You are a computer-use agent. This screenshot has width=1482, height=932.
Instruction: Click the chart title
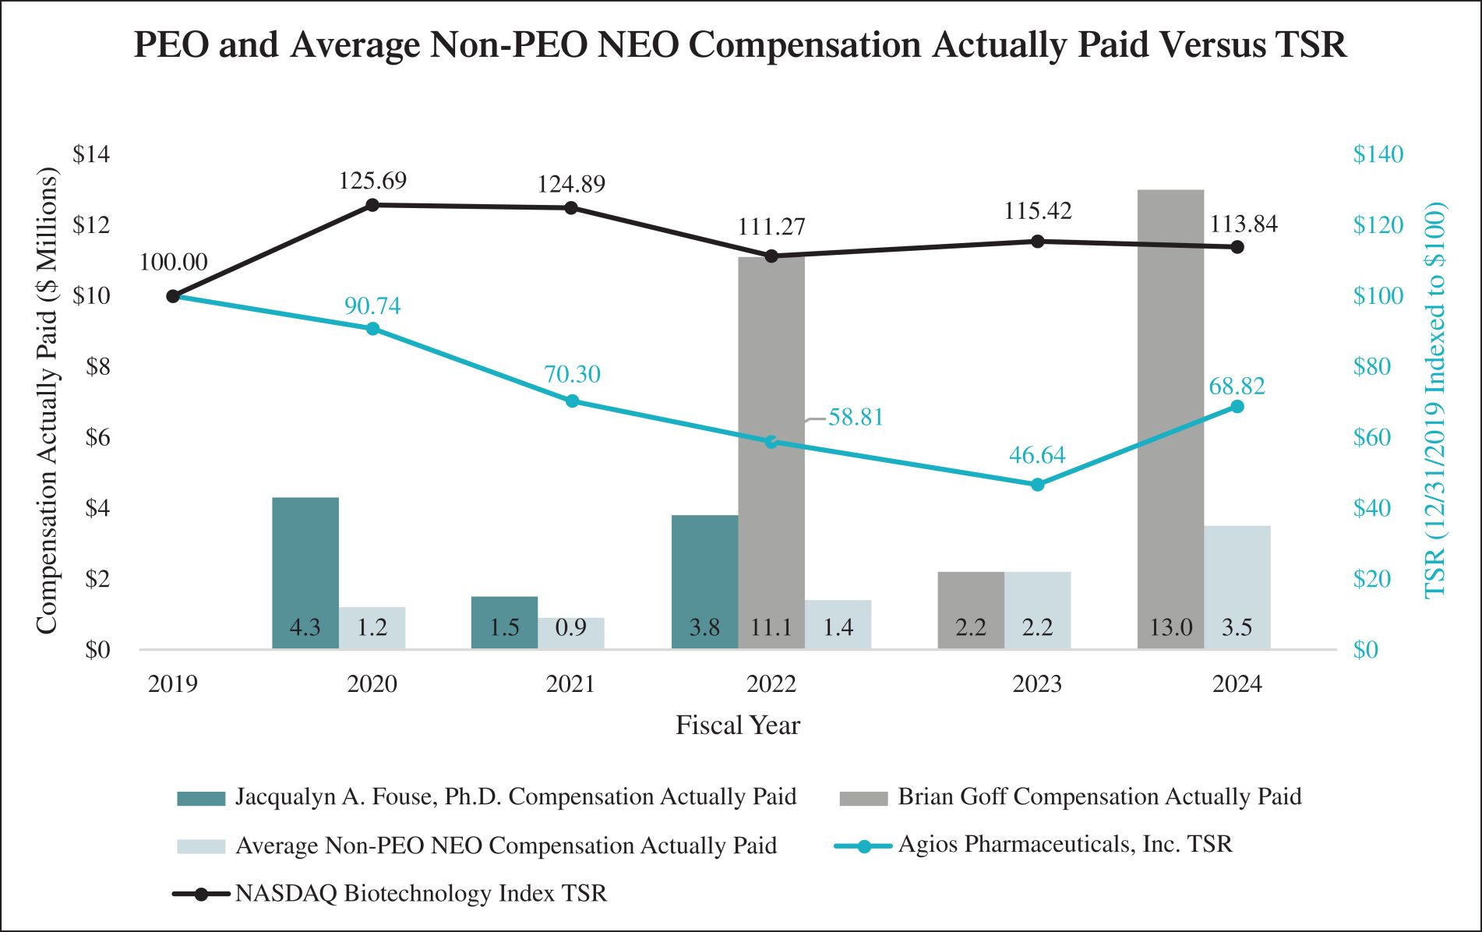tap(740, 45)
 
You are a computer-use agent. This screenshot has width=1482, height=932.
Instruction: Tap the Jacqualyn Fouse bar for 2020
tap(305, 573)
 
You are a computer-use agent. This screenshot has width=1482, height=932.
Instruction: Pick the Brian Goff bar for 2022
tap(771, 452)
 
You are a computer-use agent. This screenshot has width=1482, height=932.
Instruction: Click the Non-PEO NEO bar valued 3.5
tap(1237, 588)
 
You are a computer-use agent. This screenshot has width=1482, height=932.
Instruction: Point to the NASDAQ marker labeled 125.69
tap(372, 205)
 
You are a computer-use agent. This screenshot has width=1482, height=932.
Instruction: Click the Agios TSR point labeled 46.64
tap(1037, 485)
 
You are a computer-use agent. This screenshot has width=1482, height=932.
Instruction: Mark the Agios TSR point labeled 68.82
tap(1237, 407)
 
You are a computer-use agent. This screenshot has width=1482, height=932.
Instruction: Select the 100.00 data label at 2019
tap(173, 263)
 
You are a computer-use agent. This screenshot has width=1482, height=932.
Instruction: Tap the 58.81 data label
tap(856, 418)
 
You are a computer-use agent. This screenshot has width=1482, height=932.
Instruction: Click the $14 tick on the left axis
tap(91, 154)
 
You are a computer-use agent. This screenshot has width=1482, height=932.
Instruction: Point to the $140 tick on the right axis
tap(1378, 154)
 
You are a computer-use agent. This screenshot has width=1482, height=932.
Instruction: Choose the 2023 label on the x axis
tap(1037, 684)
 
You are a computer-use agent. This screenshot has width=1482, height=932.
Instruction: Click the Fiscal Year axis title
tap(737, 725)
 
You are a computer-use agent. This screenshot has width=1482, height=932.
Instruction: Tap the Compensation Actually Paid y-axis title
tap(47, 401)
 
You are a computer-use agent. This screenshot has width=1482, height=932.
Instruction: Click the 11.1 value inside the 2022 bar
tap(771, 627)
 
